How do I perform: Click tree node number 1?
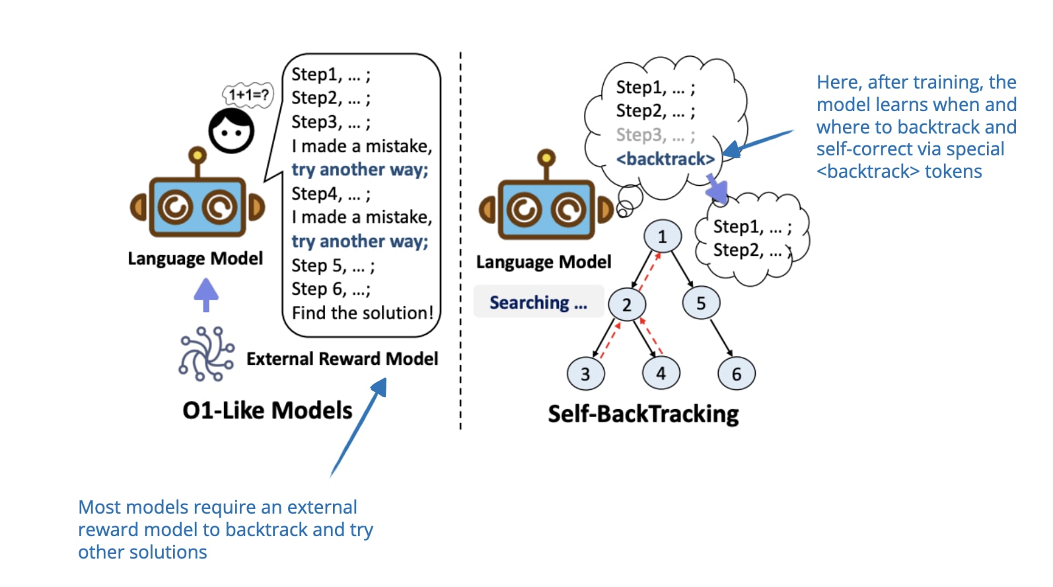662,237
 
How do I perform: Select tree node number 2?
626,304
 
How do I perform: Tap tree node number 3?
585,373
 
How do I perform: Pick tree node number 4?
661,373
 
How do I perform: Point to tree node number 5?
701,303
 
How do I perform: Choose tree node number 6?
736,373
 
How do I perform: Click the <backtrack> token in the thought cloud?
665,159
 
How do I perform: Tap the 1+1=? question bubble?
248,95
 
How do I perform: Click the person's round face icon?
231,131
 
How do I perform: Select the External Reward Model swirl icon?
206,354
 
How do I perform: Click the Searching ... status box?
538,302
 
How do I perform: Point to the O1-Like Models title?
268,411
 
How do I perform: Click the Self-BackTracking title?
643,414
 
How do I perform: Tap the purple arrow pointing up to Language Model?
206,294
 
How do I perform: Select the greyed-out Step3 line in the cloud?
655,135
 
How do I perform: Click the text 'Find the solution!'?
363,313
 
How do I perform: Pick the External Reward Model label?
342,359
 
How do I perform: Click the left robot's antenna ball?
197,155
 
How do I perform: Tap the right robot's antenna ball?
546,158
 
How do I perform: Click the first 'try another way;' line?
360,170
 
